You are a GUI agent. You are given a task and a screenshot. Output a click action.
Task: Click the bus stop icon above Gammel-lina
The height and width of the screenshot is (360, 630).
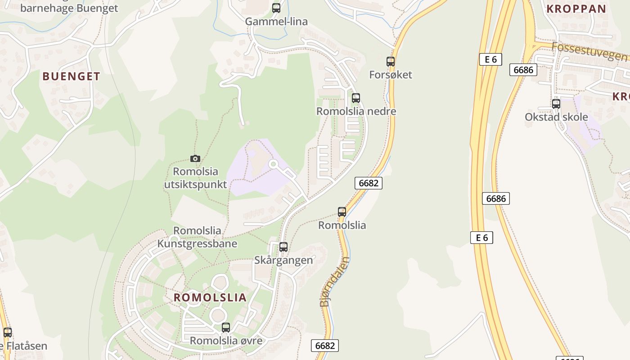[276, 8]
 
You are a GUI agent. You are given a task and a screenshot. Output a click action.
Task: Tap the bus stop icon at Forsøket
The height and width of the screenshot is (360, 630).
[391, 62]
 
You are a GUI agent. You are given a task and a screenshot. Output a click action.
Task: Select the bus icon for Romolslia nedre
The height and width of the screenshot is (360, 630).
[356, 98]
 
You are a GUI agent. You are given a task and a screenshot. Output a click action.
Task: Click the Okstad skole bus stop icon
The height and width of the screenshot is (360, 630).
[556, 104]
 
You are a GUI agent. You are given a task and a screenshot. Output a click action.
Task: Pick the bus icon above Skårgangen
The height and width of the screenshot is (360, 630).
[283, 247]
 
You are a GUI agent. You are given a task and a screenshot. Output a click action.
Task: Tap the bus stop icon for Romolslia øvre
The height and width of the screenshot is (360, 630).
[226, 328]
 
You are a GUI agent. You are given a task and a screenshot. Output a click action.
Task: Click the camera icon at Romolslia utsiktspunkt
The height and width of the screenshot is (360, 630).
[195, 158]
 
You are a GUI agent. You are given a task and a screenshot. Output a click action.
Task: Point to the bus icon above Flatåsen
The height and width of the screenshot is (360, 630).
[8, 333]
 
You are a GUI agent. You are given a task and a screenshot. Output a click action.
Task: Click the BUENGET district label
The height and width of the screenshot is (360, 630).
[71, 76]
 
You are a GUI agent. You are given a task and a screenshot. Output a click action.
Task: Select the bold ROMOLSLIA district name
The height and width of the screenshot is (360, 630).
[210, 297]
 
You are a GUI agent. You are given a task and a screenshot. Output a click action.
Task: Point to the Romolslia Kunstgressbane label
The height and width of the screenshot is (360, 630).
[197, 237]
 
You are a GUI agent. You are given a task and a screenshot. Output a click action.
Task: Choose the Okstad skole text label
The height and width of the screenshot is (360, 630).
[556, 117]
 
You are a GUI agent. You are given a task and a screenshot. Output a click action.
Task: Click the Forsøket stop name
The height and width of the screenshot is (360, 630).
[391, 75]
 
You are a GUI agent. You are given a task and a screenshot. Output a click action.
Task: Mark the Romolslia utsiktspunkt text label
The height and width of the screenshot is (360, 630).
[195, 178]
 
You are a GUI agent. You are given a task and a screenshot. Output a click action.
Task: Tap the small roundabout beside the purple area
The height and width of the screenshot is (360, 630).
[273, 164]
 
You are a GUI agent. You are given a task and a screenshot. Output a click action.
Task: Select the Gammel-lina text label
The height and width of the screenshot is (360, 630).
[276, 21]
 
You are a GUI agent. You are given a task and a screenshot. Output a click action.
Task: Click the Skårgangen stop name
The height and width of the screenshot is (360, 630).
[283, 260]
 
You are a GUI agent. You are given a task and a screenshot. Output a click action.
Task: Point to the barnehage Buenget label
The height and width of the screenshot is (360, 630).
[69, 8]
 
